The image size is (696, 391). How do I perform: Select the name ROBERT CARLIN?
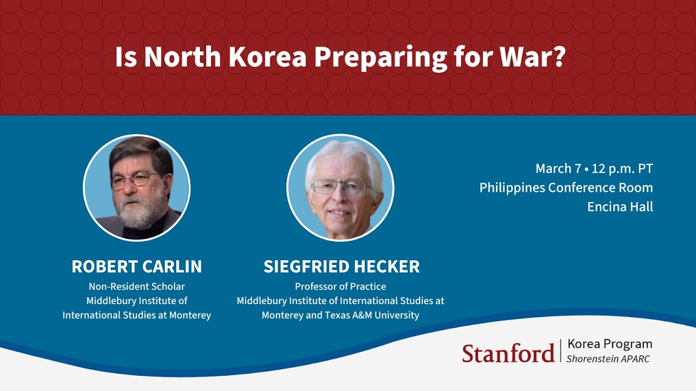click(x=136, y=267)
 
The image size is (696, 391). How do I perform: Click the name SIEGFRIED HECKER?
click(x=341, y=267)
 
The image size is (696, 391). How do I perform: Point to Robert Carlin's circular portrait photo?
click(x=136, y=187)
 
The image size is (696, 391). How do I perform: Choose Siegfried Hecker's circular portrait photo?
click(x=340, y=187)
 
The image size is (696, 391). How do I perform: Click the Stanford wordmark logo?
click(x=508, y=353)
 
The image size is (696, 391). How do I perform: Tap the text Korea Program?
click(x=609, y=344)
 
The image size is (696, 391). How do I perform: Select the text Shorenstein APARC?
click(x=608, y=358)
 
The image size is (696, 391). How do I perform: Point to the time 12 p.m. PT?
click(x=623, y=169)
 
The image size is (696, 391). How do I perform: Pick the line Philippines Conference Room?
click(x=566, y=188)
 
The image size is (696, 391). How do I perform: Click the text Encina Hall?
click(x=620, y=207)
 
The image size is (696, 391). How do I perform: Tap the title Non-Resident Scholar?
click(x=136, y=286)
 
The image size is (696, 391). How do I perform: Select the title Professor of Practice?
click(x=340, y=286)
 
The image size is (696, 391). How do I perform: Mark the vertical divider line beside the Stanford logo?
click(x=561, y=351)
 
